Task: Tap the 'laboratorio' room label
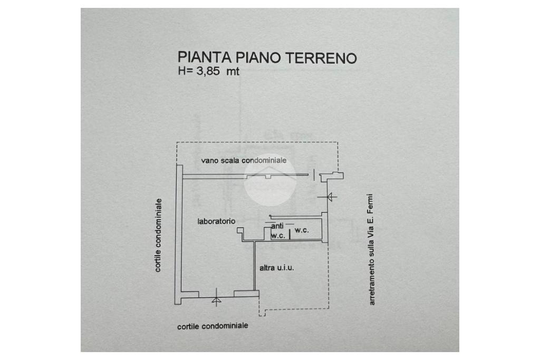[216, 221]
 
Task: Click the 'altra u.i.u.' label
[277, 268]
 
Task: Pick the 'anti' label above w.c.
[277, 226]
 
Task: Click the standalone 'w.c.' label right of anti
[302, 230]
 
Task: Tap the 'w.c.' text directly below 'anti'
[278, 236]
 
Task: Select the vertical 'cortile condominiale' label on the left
[158, 235]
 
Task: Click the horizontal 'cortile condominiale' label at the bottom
[213, 326]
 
